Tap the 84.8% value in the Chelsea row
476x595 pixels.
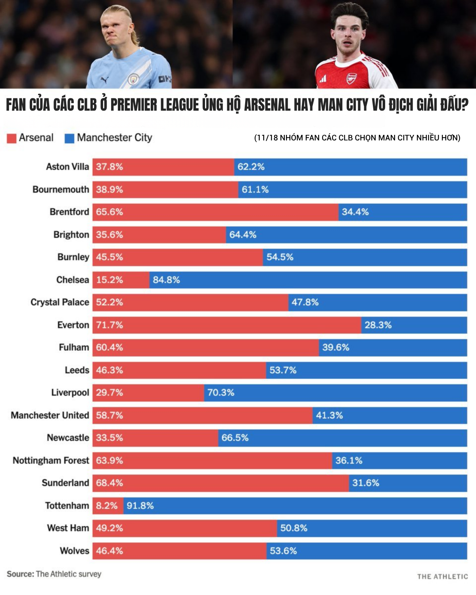166,280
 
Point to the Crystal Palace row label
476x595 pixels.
60,302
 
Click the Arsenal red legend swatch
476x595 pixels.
12,138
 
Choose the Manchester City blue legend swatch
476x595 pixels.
69,138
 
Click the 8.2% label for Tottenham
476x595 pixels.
106,506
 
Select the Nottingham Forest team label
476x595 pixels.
51,461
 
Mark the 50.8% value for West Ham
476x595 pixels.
294,528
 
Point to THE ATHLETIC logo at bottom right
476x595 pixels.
442,576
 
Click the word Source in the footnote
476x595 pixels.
20,574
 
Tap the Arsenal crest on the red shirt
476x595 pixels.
351,78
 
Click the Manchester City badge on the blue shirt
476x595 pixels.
133,79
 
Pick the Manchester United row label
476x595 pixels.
50,415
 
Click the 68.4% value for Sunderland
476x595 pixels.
109,483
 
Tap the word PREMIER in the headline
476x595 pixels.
134,105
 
